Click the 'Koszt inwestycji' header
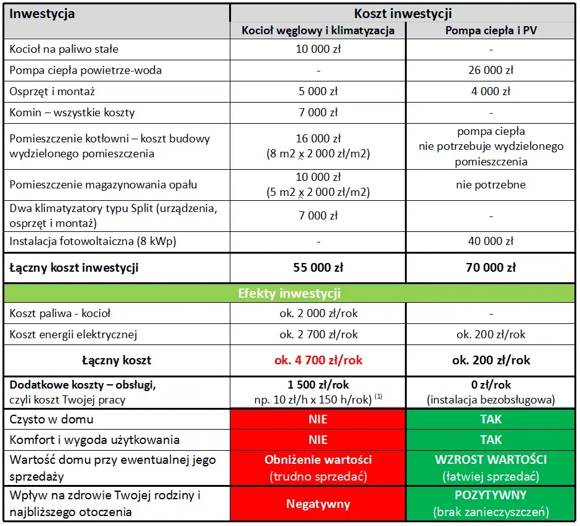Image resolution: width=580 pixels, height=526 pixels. pyautogui.click(x=402, y=13)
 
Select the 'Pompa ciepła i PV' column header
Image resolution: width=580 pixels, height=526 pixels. pyautogui.click(x=491, y=30)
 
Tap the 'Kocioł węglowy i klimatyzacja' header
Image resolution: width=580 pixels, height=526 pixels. pyautogui.click(x=318, y=30)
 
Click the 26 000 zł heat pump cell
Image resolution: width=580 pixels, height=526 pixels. pyautogui.click(x=491, y=70)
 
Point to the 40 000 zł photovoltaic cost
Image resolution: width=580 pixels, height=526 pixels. pyautogui.click(x=491, y=241)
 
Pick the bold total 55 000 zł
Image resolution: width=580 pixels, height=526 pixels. pyautogui.click(x=318, y=268)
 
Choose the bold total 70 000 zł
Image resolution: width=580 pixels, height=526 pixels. pyautogui.click(x=491, y=268)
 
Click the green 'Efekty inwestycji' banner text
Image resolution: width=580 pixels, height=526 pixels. pyautogui.click(x=289, y=293)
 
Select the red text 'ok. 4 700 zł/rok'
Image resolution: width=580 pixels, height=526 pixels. pyautogui.click(x=318, y=360)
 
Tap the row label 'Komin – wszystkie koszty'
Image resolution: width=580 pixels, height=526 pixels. pyautogui.click(x=72, y=113)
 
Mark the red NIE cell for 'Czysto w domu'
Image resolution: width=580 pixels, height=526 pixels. pyautogui.click(x=318, y=419)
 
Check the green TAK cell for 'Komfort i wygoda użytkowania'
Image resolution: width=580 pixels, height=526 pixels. pyautogui.click(x=491, y=440)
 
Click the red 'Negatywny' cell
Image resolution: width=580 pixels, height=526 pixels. pyautogui.click(x=318, y=504)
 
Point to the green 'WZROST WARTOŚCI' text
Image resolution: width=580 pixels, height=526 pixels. pyautogui.click(x=491, y=461)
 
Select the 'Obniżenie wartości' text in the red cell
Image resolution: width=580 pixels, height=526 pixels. pyautogui.click(x=318, y=461)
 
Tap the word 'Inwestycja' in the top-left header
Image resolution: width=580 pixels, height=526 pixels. pyautogui.click(x=42, y=13)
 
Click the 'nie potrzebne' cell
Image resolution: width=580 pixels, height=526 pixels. pyautogui.click(x=491, y=185)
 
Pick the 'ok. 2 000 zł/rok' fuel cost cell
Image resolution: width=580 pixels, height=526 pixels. pyautogui.click(x=318, y=313)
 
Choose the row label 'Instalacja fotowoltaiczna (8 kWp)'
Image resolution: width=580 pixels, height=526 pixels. pyautogui.click(x=93, y=241)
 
